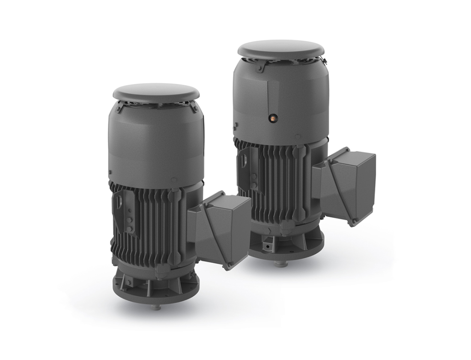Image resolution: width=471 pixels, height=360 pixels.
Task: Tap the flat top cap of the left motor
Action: pos(157,91)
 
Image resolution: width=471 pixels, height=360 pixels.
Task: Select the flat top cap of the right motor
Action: pos(280,48)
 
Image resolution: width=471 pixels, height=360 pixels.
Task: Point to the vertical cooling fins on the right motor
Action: pos(278,180)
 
